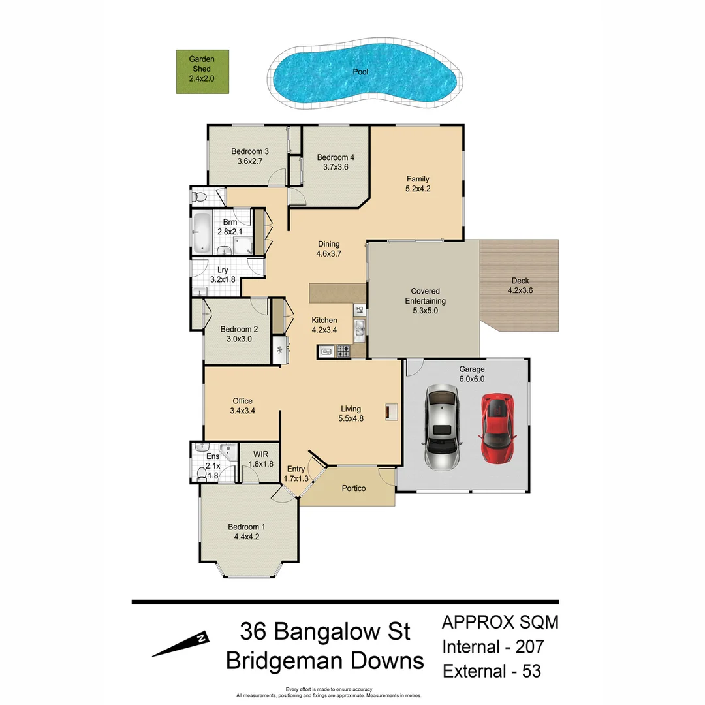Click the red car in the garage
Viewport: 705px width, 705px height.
(497, 428)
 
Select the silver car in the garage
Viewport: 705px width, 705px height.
(442, 427)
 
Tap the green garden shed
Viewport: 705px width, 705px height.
(202, 72)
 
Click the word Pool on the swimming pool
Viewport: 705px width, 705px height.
(360, 72)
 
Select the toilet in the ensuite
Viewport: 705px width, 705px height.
(202, 472)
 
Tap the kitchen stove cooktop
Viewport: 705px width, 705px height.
(342, 352)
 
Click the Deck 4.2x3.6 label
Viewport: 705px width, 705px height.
(520, 286)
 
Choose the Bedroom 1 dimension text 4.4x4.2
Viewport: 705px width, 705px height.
(246, 537)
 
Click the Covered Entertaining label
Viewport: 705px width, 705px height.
(425, 301)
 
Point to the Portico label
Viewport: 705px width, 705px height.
(354, 488)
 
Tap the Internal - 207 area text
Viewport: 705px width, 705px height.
(493, 647)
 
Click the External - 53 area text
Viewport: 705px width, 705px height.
(492, 670)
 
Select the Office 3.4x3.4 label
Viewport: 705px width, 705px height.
(242, 406)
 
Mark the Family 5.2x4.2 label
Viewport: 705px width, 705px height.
(418, 183)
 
